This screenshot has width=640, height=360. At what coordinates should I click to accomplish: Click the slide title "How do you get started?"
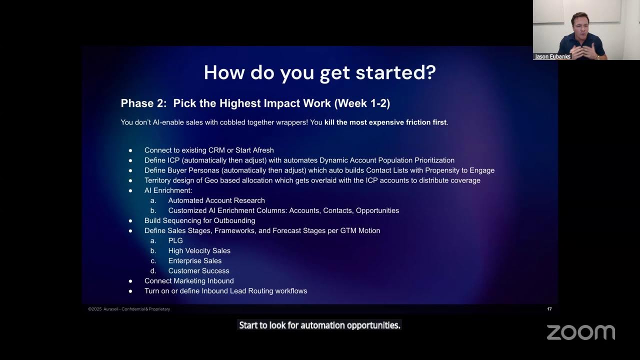(319, 73)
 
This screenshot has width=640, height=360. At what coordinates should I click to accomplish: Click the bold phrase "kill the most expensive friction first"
(385, 122)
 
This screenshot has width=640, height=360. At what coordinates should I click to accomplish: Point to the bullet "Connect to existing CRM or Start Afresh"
(209, 150)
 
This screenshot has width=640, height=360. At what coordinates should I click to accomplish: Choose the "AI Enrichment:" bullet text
(168, 190)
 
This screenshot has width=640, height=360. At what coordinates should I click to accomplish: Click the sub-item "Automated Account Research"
(216, 200)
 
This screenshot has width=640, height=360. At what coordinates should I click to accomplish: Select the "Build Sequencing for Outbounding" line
(199, 220)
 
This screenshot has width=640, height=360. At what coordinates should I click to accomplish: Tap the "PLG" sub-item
(175, 240)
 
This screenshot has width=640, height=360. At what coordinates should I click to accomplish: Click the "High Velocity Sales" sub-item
(199, 250)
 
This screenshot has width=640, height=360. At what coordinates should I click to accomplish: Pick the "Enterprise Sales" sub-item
(194, 260)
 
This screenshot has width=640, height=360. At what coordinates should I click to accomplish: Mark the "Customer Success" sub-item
(198, 270)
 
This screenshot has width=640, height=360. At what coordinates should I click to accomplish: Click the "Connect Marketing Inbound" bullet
(189, 281)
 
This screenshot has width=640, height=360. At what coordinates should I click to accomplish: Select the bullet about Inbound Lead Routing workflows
(225, 291)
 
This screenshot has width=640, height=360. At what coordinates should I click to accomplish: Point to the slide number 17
(549, 309)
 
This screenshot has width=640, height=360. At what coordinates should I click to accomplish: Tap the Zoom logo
(580, 332)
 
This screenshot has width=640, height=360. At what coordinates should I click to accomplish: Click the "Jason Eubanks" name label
(552, 56)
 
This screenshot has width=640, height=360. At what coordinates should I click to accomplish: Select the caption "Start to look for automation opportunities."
(319, 325)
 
